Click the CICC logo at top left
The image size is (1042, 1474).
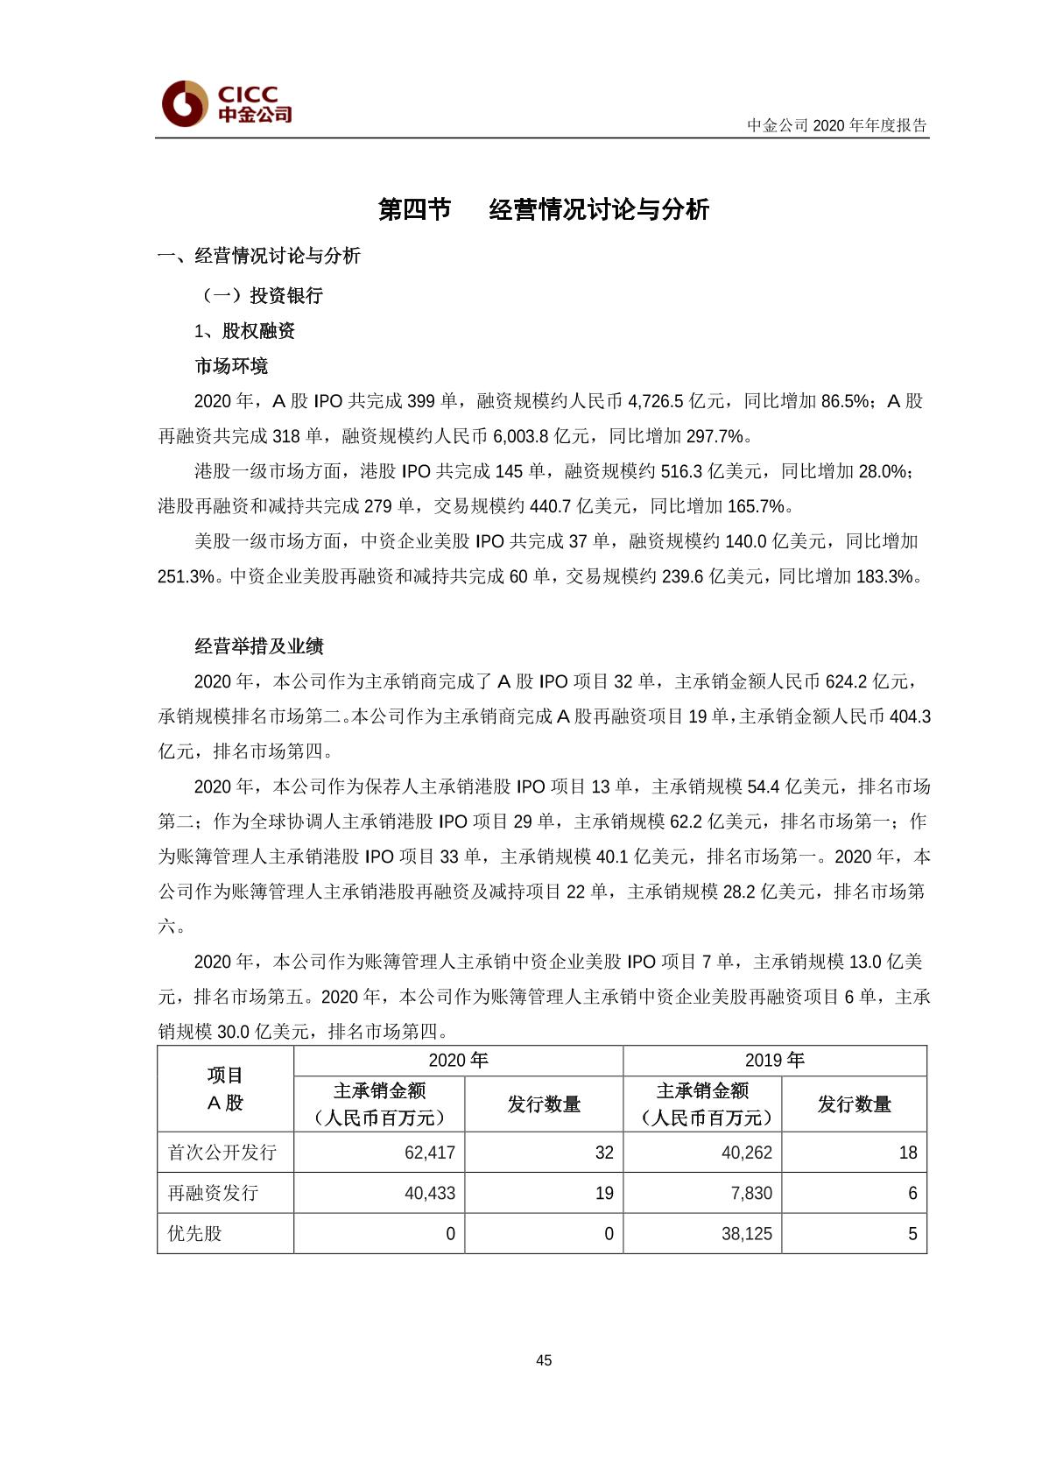tap(227, 103)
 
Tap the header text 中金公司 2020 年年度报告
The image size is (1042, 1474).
tap(836, 125)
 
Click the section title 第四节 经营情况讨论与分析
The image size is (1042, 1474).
tap(543, 209)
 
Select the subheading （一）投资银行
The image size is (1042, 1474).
tap(260, 295)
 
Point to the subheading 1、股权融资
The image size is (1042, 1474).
tap(244, 330)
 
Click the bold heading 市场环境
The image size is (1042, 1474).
tap(231, 365)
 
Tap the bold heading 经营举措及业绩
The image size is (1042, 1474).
tap(259, 645)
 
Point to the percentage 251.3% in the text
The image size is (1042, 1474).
tap(186, 576)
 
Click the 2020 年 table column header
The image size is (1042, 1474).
tap(458, 1060)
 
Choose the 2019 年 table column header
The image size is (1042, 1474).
tap(774, 1060)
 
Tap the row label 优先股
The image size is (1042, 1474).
tap(195, 1233)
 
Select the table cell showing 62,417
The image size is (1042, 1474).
tap(429, 1153)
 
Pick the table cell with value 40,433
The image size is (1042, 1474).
tap(429, 1193)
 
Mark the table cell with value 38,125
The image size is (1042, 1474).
tap(746, 1233)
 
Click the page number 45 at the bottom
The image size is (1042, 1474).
tap(544, 1359)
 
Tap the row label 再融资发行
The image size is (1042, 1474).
tap(213, 1193)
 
